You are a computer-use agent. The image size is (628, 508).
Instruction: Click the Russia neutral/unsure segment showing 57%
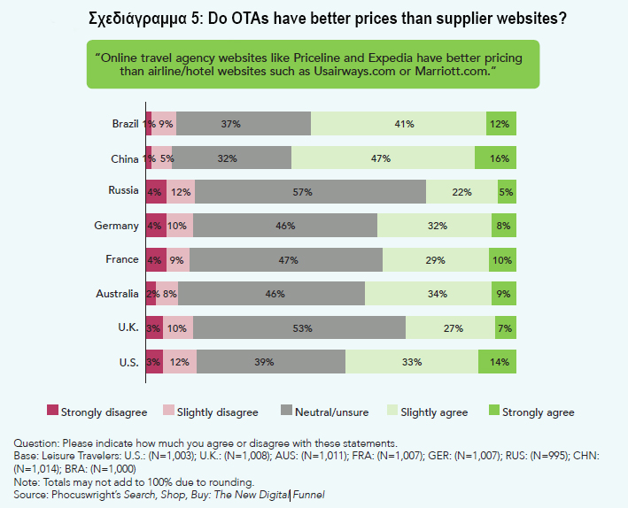(x=310, y=191)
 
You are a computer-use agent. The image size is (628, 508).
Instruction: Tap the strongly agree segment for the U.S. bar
(x=497, y=361)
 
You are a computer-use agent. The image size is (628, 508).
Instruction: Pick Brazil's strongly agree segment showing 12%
(x=501, y=124)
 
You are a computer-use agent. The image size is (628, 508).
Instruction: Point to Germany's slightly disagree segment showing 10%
(x=177, y=226)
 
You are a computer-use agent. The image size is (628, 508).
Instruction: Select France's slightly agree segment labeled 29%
(x=435, y=259)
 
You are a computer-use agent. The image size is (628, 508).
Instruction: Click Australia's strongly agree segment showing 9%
(x=504, y=293)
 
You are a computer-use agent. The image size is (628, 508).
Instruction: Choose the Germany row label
(x=117, y=226)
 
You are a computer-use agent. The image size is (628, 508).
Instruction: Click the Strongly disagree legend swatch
(x=52, y=412)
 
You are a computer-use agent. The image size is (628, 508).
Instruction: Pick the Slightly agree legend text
(x=434, y=412)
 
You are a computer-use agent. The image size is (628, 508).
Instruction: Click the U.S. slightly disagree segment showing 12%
(x=180, y=361)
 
